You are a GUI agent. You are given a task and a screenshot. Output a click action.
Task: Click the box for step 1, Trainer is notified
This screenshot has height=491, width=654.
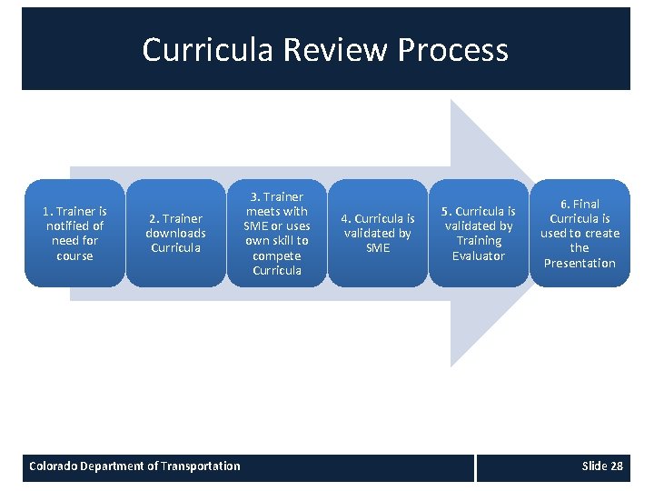[74, 233]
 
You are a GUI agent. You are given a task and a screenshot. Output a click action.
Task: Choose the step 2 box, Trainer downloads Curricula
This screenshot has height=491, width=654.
[175, 233]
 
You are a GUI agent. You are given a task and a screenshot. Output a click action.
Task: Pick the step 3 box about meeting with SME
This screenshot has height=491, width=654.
[277, 233]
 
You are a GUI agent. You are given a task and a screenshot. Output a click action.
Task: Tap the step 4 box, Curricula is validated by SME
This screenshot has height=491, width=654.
[378, 233]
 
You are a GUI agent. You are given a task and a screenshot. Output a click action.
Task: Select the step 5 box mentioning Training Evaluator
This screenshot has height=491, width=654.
[479, 233]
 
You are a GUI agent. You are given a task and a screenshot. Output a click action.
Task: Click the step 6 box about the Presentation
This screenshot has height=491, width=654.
[580, 233]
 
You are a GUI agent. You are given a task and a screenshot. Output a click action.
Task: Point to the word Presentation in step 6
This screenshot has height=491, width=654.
[580, 263]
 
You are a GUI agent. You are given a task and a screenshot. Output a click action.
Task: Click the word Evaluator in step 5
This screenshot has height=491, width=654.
[479, 256]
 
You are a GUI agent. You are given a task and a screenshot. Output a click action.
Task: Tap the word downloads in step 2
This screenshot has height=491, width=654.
[175, 233]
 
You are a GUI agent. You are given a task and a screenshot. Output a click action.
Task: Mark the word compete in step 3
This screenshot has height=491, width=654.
[277, 256]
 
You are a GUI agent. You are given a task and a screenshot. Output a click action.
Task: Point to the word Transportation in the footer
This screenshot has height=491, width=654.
[200, 466]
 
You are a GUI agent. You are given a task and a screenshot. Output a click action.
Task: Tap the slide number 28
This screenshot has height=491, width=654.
[617, 466]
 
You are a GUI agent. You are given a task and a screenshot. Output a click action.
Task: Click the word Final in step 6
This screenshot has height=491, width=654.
[586, 204]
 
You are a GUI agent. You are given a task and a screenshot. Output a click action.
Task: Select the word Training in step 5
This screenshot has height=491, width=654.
[479, 241]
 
